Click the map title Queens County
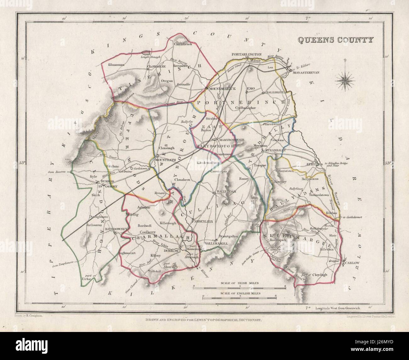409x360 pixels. (x=335, y=40)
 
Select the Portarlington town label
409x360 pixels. (x=247, y=54)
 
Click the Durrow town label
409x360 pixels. (x=171, y=251)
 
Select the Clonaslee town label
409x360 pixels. (x=158, y=67)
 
